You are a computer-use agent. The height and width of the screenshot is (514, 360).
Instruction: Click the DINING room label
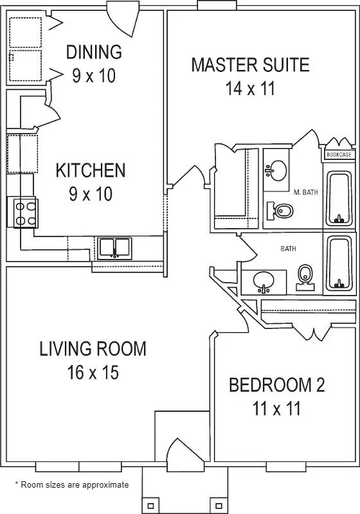coord(94,51)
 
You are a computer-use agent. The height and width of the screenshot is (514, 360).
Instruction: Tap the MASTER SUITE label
coord(250,64)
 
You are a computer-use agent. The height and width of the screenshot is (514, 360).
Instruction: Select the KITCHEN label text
coord(90,171)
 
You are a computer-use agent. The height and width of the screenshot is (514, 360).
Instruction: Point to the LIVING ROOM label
coord(93,349)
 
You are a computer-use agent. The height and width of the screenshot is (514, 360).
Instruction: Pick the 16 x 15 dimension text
coord(93,372)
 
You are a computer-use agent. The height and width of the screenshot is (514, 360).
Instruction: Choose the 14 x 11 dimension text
coord(250,88)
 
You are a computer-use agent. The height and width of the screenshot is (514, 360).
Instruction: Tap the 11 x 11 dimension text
coord(276,408)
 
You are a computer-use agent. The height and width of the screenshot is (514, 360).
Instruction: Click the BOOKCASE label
coord(338,155)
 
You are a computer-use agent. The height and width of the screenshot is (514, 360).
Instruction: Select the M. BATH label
coord(306,192)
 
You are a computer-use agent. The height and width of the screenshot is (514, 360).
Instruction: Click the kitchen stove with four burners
coord(25,213)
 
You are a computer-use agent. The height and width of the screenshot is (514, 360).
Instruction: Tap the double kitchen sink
coord(114,247)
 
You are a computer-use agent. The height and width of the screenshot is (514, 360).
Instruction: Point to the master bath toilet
coord(282,210)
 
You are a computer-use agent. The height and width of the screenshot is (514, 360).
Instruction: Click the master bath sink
coord(277,170)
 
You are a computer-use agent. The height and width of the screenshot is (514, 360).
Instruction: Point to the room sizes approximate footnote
coord(71,485)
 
